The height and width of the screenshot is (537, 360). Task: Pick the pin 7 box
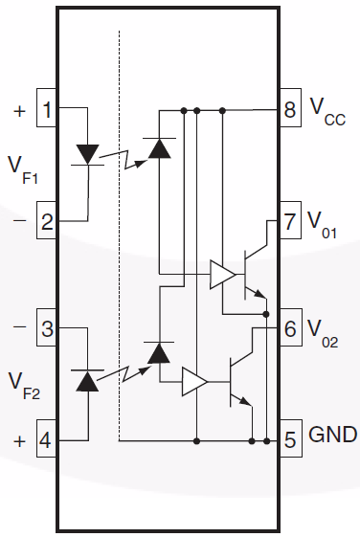(x=290, y=221)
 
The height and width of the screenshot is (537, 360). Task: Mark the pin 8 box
(x=290, y=108)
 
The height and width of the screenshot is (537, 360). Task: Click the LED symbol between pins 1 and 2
(x=88, y=154)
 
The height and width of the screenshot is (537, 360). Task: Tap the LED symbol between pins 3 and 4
(x=88, y=381)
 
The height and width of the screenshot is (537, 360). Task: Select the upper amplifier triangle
(x=222, y=276)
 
